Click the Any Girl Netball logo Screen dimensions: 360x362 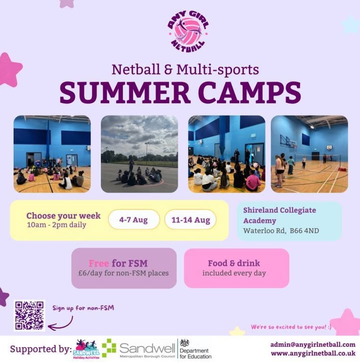pyautogui.click(x=188, y=32)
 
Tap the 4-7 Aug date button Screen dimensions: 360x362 pyautogui.click(x=134, y=220)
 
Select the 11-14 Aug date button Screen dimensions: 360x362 pyautogui.click(x=190, y=220)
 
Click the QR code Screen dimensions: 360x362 pyautogui.click(x=29, y=315)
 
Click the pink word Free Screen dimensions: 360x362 pyautogui.click(x=98, y=263)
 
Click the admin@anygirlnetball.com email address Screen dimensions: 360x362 pyautogui.click(x=313, y=344)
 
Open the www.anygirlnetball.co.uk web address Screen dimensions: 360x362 pyautogui.click(x=313, y=353)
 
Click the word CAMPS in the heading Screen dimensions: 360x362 pyautogui.click(x=249, y=93)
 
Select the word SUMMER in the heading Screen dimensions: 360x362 pyautogui.click(x=125, y=93)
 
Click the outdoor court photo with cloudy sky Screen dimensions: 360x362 pyautogui.click(x=139, y=154)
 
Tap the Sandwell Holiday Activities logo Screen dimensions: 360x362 pyautogui.click(x=86, y=349)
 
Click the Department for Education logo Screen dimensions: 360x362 pyautogui.click(x=195, y=349)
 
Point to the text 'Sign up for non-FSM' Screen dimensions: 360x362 pyautogui.click(x=83, y=308)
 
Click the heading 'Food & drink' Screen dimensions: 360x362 pyautogui.click(x=234, y=263)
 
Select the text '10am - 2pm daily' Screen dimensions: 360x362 pyautogui.click(x=56, y=225)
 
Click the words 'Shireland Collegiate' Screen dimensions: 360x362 pyautogui.click(x=279, y=210)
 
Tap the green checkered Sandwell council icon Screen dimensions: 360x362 pyautogui.click(x=109, y=348)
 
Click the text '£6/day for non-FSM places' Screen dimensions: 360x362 pyautogui.click(x=123, y=273)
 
